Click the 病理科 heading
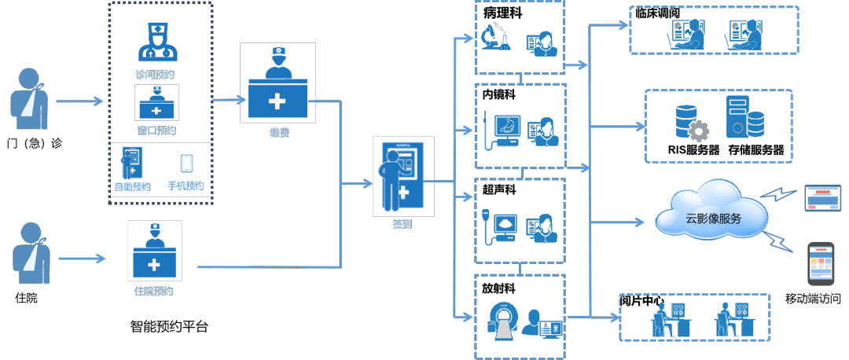click(x=502, y=13)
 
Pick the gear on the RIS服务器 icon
click(x=698, y=131)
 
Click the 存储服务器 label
click(x=756, y=150)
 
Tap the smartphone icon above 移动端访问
click(x=820, y=263)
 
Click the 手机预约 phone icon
click(x=187, y=163)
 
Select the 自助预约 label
click(x=132, y=187)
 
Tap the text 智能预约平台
click(x=169, y=327)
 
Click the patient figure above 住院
click(x=31, y=254)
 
